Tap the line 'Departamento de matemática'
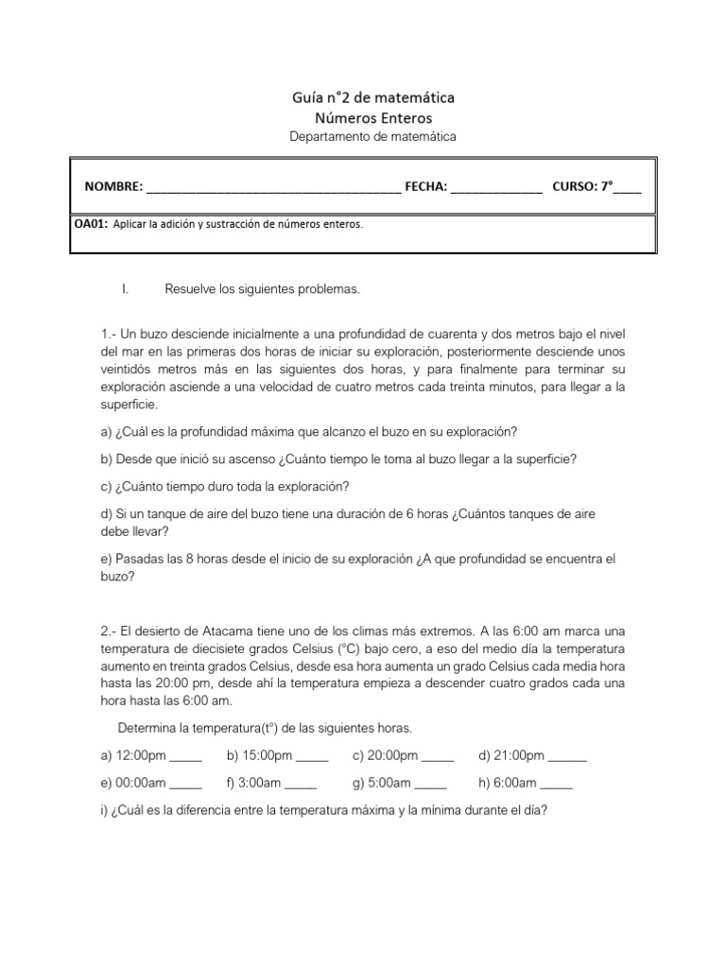(372, 137)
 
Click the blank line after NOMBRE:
(273, 188)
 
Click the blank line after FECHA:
(496, 188)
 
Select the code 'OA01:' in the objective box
(91, 224)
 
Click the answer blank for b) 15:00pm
(312, 757)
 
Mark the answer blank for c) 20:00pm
(437, 757)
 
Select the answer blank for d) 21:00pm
(567, 757)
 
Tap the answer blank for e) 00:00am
(185, 785)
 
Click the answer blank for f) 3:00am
(301, 785)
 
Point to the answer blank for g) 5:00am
(430, 785)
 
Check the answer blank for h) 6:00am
(556, 785)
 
